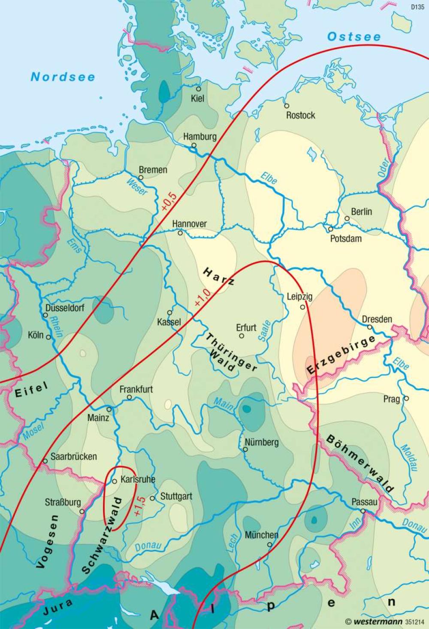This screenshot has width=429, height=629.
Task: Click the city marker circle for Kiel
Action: click(x=198, y=89)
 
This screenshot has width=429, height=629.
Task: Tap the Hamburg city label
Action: click(x=200, y=137)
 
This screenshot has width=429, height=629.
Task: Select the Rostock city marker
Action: click(x=287, y=106)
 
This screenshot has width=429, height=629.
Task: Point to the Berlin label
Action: click(x=361, y=212)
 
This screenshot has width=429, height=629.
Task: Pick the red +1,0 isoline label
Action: click(x=202, y=297)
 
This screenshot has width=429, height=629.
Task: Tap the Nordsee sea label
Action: click(x=63, y=77)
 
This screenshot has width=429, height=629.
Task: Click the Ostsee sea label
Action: click(x=354, y=37)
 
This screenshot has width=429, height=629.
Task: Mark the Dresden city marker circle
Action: click(x=369, y=327)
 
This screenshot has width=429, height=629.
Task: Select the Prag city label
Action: click(x=391, y=399)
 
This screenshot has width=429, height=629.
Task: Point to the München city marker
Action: click(x=269, y=544)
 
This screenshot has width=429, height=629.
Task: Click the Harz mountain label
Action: click(x=219, y=277)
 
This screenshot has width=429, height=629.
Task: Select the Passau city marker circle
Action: click(x=363, y=511)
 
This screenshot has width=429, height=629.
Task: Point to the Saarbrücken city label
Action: click(x=73, y=457)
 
